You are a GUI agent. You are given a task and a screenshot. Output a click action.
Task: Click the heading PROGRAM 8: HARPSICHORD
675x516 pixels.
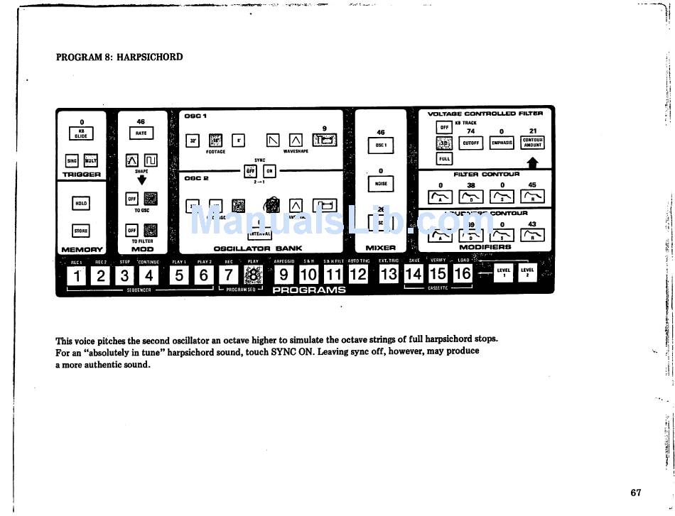point(119,57)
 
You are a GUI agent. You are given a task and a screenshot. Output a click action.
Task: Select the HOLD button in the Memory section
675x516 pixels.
point(81,204)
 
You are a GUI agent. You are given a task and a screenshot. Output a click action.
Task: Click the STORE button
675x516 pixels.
point(81,230)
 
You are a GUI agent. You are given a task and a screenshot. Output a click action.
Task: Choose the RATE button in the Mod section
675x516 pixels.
point(141,133)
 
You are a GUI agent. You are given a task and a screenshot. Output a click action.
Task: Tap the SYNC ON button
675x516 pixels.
point(269,170)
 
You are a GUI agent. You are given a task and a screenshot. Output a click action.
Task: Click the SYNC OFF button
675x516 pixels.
point(250,170)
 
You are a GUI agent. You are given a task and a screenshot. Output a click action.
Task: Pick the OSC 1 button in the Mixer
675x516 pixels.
point(380,146)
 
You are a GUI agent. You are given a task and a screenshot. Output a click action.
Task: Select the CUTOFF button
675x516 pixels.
point(470,143)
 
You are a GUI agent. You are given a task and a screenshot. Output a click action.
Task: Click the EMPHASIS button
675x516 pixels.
point(502,143)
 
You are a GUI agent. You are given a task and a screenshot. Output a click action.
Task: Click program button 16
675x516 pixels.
point(463,274)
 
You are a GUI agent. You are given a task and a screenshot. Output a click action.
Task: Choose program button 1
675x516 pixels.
point(78,275)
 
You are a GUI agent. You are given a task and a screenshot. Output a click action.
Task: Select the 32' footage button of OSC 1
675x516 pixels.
point(193,141)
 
